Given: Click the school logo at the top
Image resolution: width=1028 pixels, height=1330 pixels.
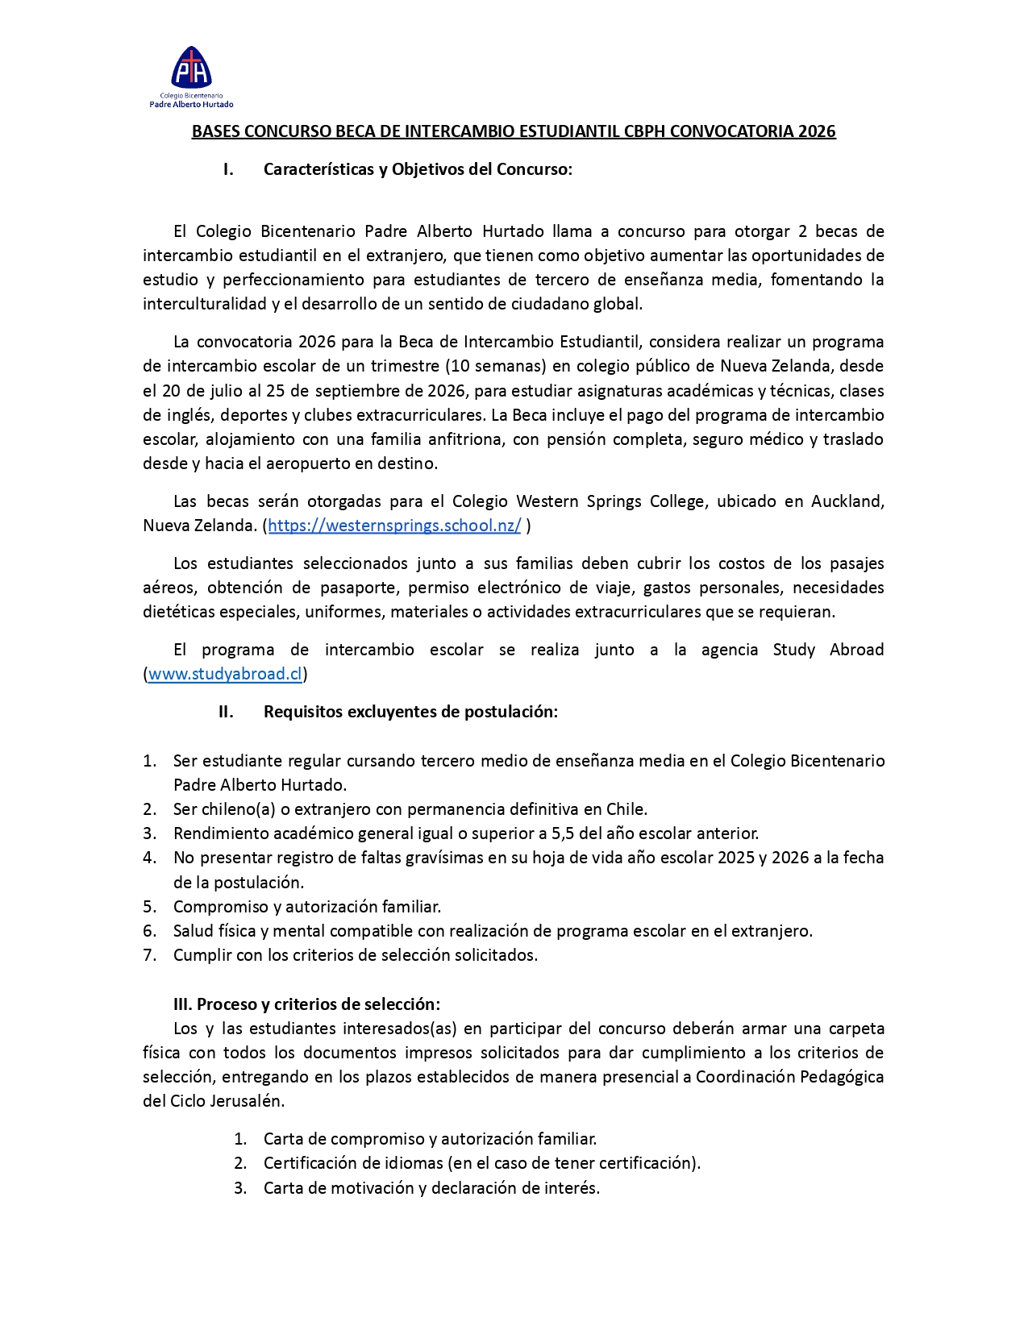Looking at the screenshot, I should (x=191, y=75).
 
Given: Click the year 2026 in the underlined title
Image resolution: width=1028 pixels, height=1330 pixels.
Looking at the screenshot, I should (x=817, y=131).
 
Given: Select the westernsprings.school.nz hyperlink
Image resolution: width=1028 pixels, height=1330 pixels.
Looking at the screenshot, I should (x=394, y=526).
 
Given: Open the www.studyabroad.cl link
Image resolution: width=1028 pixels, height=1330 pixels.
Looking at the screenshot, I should (x=225, y=674).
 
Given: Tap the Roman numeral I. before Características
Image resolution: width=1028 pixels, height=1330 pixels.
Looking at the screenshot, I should (x=228, y=169).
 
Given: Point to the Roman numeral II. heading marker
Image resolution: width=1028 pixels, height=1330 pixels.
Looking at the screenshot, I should (x=226, y=712).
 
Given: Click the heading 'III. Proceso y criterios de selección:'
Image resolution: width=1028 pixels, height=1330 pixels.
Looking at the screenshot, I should (x=306, y=1004).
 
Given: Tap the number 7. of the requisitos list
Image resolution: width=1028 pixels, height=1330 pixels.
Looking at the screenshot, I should (x=149, y=955).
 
